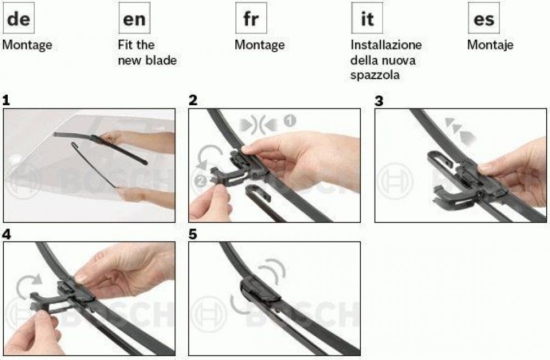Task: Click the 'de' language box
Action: click(19, 18)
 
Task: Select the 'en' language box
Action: click(134, 18)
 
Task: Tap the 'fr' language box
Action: click(251, 18)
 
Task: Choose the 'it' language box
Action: click(367, 18)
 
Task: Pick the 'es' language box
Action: click(483, 18)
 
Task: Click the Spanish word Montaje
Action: click(490, 45)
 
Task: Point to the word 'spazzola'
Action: click(375, 75)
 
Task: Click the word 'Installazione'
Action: click(386, 45)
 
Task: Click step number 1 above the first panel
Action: click(6, 101)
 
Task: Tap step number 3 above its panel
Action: click(379, 101)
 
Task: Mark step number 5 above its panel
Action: click(193, 234)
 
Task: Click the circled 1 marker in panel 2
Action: click(289, 121)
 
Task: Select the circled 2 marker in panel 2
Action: click(200, 181)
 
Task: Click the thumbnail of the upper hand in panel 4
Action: click(81, 279)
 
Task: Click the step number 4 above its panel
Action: click(6, 234)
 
